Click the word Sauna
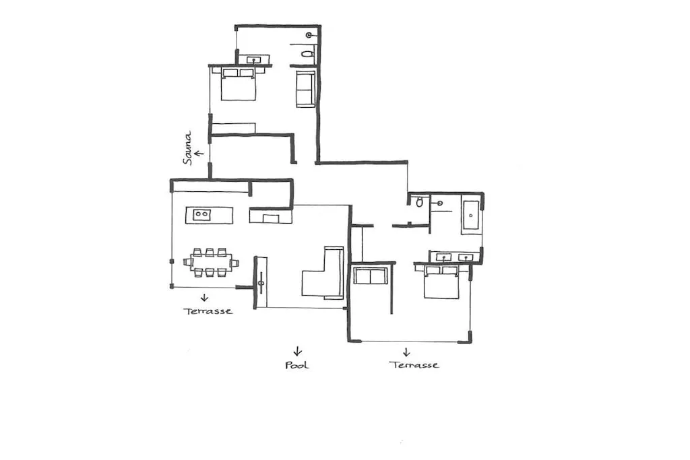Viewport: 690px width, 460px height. [188, 147]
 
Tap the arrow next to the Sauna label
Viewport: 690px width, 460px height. [199, 154]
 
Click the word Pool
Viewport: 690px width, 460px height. [297, 365]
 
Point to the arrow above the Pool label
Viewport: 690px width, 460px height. [297, 351]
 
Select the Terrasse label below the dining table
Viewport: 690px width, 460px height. [208, 311]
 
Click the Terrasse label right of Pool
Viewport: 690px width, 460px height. [414, 364]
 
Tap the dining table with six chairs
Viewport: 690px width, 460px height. [211, 263]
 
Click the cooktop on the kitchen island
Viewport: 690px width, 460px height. [201, 215]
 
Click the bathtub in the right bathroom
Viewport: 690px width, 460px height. [471, 216]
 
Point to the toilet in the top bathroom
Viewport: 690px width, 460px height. [307, 55]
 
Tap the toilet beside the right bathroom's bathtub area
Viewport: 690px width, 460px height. [419, 202]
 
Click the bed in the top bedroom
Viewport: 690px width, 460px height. [238, 84]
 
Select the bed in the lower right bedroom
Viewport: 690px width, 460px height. [441, 282]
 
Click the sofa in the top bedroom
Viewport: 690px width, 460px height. [305, 89]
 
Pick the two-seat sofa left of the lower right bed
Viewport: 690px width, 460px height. [371, 275]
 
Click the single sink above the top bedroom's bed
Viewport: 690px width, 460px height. [254, 59]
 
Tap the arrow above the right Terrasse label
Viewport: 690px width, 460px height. [406, 352]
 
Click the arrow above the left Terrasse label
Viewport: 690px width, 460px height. [204, 298]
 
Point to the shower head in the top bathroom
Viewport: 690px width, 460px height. [309, 35]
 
